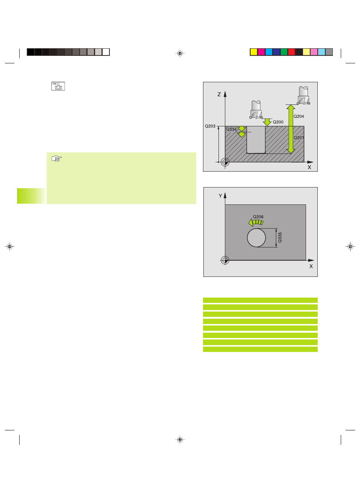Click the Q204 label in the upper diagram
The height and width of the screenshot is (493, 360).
(298, 116)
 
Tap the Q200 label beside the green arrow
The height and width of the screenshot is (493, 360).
(278, 122)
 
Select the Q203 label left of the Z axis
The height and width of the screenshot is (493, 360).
(210, 126)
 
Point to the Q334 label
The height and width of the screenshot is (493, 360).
(231, 129)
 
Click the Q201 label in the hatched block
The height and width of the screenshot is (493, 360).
(298, 138)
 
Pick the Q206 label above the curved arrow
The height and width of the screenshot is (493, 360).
(258, 217)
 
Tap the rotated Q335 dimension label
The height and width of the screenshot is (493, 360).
(280, 238)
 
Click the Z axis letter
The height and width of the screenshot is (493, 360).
(219, 94)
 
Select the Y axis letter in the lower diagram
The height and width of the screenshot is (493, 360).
(220, 196)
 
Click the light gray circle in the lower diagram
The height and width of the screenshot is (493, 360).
(256, 238)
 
